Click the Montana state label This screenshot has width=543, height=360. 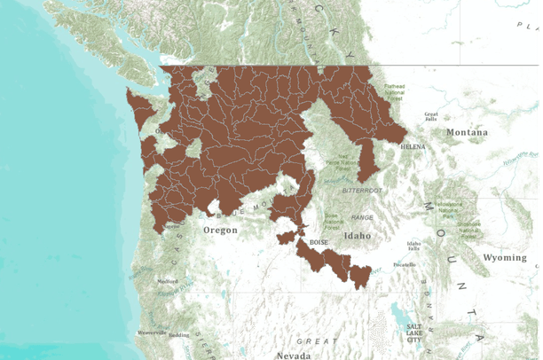click(467, 132)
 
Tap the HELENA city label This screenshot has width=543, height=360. click(414, 145)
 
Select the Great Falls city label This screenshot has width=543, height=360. click(432, 116)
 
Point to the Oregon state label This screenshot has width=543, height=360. click(221, 230)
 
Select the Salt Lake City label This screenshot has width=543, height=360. click(414, 332)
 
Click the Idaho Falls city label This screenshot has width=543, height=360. click(413, 245)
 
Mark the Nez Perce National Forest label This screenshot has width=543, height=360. click(341, 163)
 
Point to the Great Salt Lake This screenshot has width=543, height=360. click(396, 315)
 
